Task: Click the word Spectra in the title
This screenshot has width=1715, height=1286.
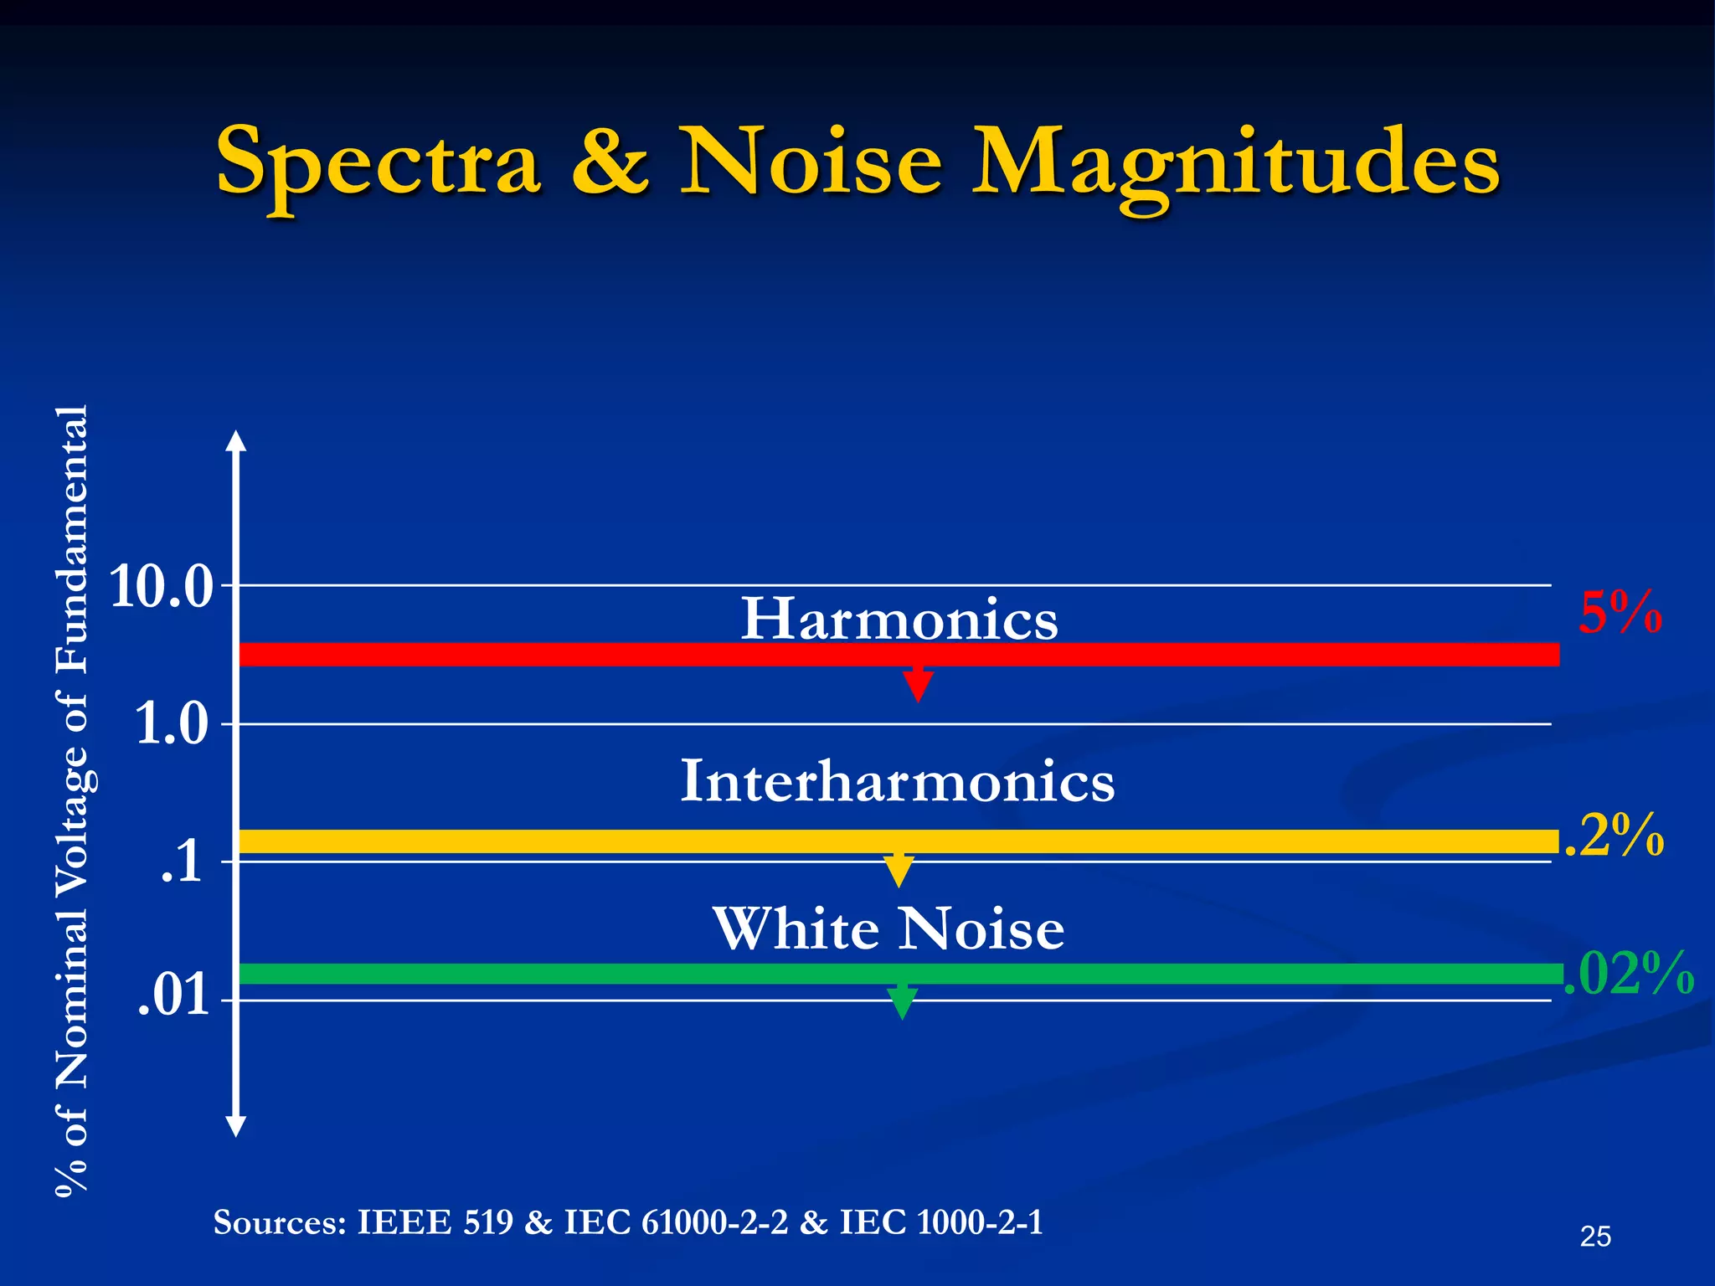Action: tap(378, 161)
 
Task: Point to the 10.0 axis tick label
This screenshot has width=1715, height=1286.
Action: tap(162, 587)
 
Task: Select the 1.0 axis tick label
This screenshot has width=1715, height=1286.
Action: tap(171, 724)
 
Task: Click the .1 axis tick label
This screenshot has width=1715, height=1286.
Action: tap(182, 862)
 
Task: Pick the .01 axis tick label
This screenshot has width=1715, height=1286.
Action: tap(173, 996)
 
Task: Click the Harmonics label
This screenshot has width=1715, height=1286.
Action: tap(899, 620)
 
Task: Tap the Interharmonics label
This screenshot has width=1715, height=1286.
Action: tap(897, 781)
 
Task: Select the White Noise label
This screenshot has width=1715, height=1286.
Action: tap(888, 929)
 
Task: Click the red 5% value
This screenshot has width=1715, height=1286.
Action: tap(1620, 613)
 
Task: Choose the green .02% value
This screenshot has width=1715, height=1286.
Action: tap(1629, 974)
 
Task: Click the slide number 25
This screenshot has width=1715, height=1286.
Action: tap(1595, 1237)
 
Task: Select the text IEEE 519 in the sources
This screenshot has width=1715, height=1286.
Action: tap(435, 1223)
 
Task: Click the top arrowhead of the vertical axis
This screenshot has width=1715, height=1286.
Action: tap(237, 440)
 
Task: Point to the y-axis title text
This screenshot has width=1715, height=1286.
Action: tap(72, 800)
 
